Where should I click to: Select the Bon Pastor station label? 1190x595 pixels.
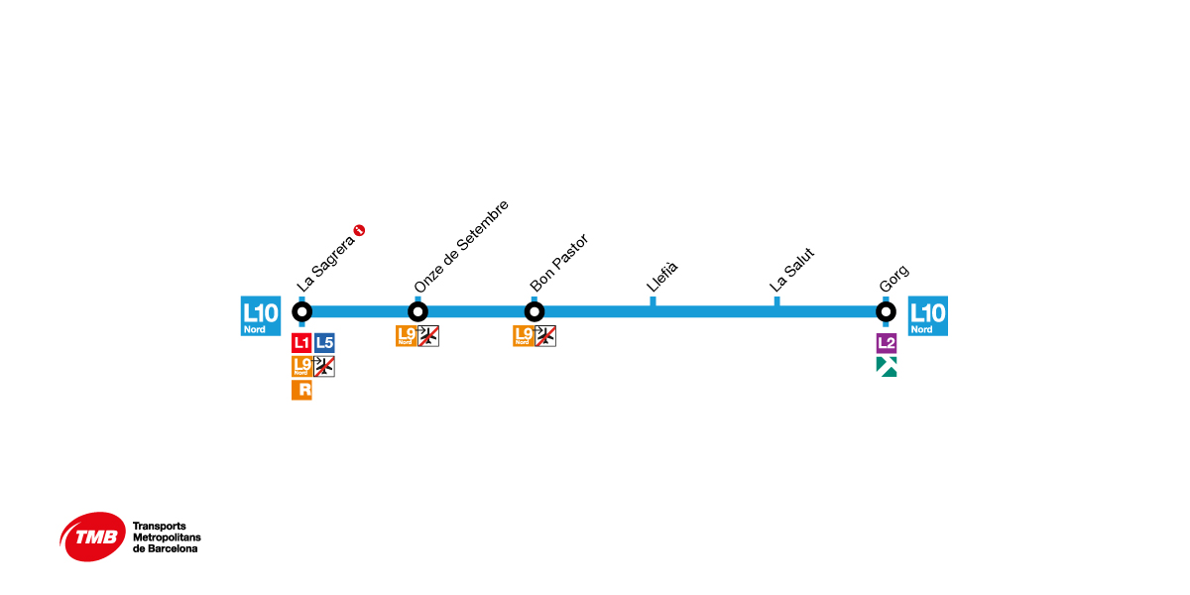559,263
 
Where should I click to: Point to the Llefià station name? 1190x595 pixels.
662,276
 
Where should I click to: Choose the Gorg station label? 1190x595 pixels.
894,280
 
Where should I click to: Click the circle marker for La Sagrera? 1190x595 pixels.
302,311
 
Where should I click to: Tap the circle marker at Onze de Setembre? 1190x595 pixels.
417,311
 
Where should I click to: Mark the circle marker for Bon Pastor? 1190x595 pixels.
535,311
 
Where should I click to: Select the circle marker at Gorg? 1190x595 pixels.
886,311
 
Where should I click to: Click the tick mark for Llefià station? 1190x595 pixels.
653,300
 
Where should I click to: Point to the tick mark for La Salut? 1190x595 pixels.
776,300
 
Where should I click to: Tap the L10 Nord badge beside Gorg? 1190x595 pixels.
927,316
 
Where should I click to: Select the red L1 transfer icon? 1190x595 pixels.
301,343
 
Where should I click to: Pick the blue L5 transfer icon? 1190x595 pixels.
324,343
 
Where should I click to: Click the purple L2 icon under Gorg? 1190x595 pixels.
887,343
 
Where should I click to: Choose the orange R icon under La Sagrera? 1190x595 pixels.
301,390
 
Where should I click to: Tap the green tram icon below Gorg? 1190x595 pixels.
887,367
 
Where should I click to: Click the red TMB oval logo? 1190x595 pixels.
93,536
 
